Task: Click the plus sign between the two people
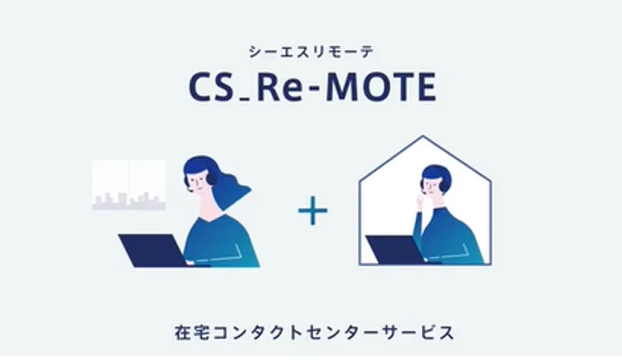coord(313,210)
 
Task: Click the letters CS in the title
coord(210,87)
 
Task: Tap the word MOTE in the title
coord(381,87)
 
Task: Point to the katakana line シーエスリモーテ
coord(312,52)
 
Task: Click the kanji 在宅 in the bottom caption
coord(193,332)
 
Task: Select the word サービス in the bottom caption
coord(418,332)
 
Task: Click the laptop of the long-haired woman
coord(153,250)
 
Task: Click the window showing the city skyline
coord(129,185)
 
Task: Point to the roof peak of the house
coord(423,136)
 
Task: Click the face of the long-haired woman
coord(199,181)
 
